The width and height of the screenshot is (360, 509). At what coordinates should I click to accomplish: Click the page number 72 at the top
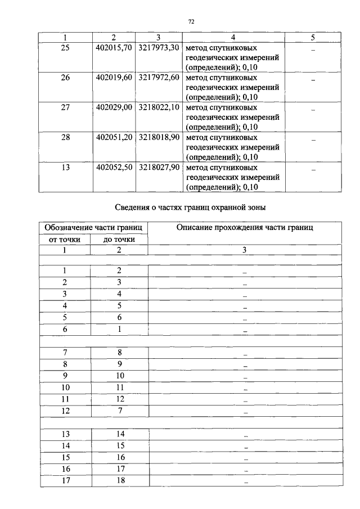[x=191, y=21]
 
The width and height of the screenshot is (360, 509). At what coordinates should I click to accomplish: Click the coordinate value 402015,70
[x=114, y=47]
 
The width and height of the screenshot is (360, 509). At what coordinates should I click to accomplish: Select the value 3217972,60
[x=159, y=77]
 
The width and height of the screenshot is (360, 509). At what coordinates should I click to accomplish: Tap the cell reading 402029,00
[x=114, y=107]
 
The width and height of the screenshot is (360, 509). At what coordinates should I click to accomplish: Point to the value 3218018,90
[x=159, y=137]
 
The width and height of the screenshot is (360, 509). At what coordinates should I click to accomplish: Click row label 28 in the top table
[x=65, y=137]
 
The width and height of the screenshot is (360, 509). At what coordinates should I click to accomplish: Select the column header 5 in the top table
[x=313, y=37]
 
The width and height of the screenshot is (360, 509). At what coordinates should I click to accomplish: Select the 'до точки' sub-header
[x=119, y=240]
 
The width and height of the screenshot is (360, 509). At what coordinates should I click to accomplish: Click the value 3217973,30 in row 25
[x=159, y=47]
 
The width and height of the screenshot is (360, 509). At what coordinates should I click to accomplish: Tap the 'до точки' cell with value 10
[x=119, y=376]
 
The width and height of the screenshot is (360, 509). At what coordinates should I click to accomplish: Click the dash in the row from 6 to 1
[x=245, y=331]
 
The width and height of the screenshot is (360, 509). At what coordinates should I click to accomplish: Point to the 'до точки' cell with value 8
[x=119, y=352]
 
